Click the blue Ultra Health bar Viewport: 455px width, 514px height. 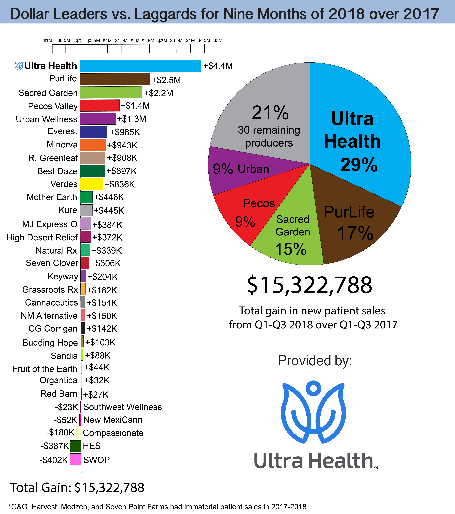coord(140,66)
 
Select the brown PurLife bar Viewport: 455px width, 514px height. coord(115,79)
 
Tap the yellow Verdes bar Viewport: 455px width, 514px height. coord(92,184)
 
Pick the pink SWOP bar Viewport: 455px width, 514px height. coord(75,459)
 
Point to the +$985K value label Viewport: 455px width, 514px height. coord(125,132)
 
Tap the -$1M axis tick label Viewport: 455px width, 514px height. coord(47,40)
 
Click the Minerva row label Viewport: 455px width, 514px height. coord(62,145)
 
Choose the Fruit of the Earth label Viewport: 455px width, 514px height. coord(45,369)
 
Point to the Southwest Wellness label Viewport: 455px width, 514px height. coord(123,407)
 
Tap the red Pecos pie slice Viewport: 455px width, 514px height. coord(249,214)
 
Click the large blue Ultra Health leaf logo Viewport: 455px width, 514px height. coord(313,412)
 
